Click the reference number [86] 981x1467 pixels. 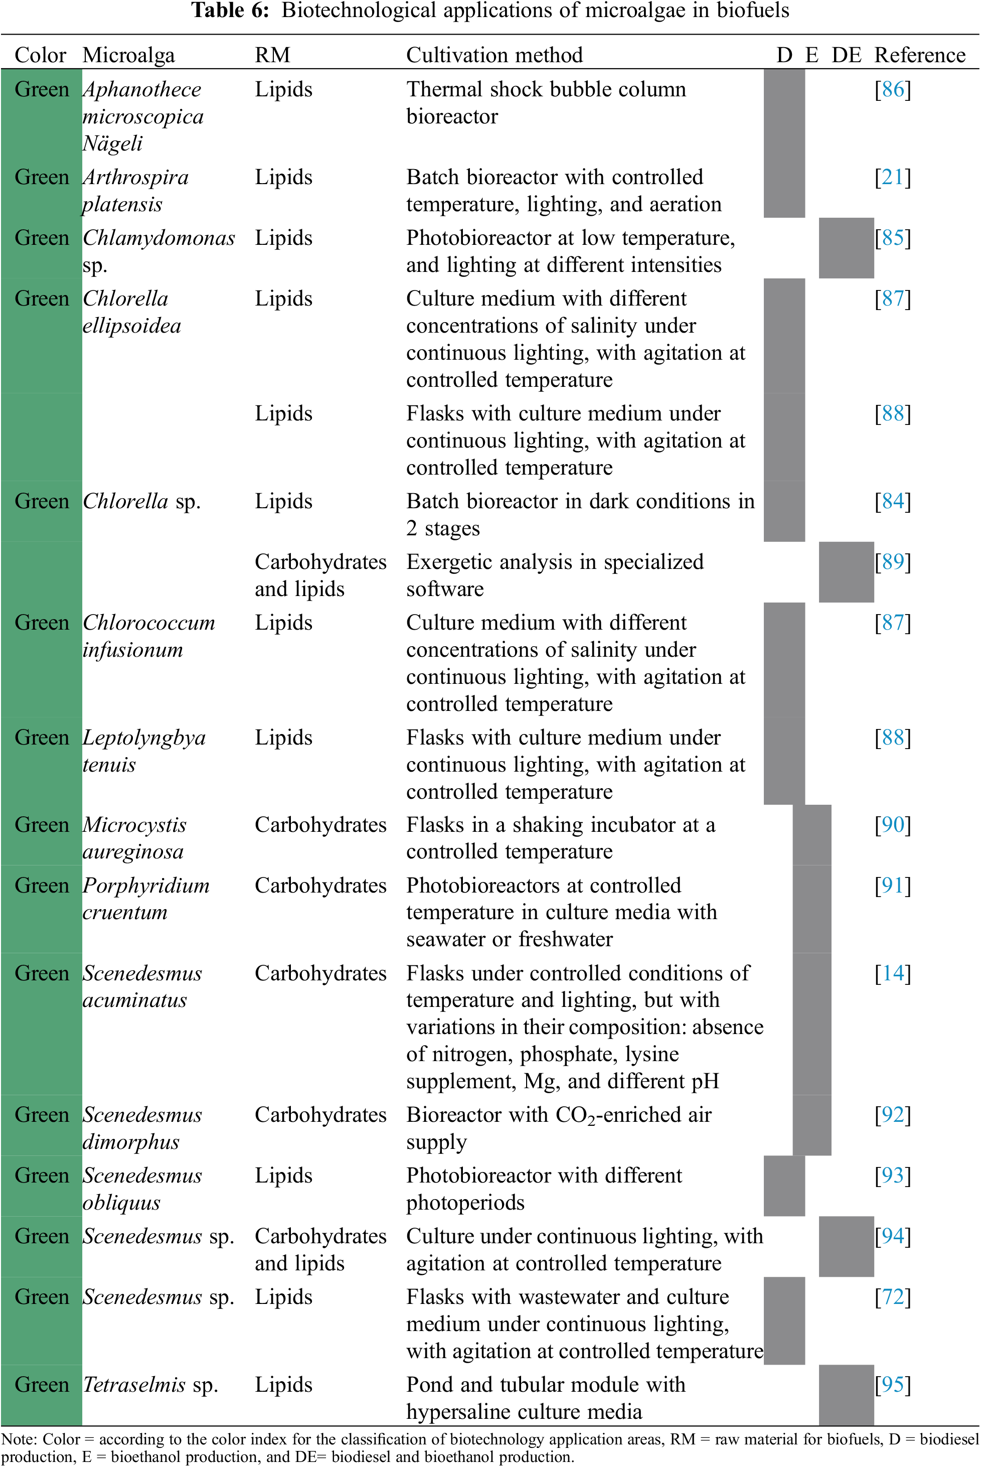pyautogui.click(x=892, y=89)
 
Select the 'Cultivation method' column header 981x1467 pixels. pyautogui.click(x=494, y=55)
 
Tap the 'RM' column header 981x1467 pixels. pyautogui.click(x=272, y=55)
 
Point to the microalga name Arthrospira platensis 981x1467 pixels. pyautogui.click(x=135, y=190)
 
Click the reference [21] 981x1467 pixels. pyautogui.click(x=892, y=177)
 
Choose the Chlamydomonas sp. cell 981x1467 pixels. pyautogui.click(x=158, y=250)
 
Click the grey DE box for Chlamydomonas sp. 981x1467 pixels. pyautogui.click(x=846, y=248)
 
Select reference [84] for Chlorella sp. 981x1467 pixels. pyautogui.click(x=892, y=501)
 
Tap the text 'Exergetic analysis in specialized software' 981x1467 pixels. pyautogui.click(x=554, y=575)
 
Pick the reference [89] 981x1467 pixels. pyautogui.click(x=892, y=562)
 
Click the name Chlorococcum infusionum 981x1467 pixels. pyautogui.click(x=148, y=636)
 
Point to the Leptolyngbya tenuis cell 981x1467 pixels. pyautogui.click(x=144, y=751)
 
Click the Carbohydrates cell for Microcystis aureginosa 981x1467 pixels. pyautogui.click(x=320, y=825)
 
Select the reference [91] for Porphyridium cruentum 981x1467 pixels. pyautogui.click(x=892, y=886)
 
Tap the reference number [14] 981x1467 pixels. pyautogui.click(x=892, y=973)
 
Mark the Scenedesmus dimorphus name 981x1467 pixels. pyautogui.click(x=142, y=1128)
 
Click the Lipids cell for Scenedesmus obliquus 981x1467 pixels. pyautogui.click(x=283, y=1176)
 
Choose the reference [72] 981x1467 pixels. pyautogui.click(x=892, y=1297)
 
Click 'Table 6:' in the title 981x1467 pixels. pyautogui.click(x=230, y=11)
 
